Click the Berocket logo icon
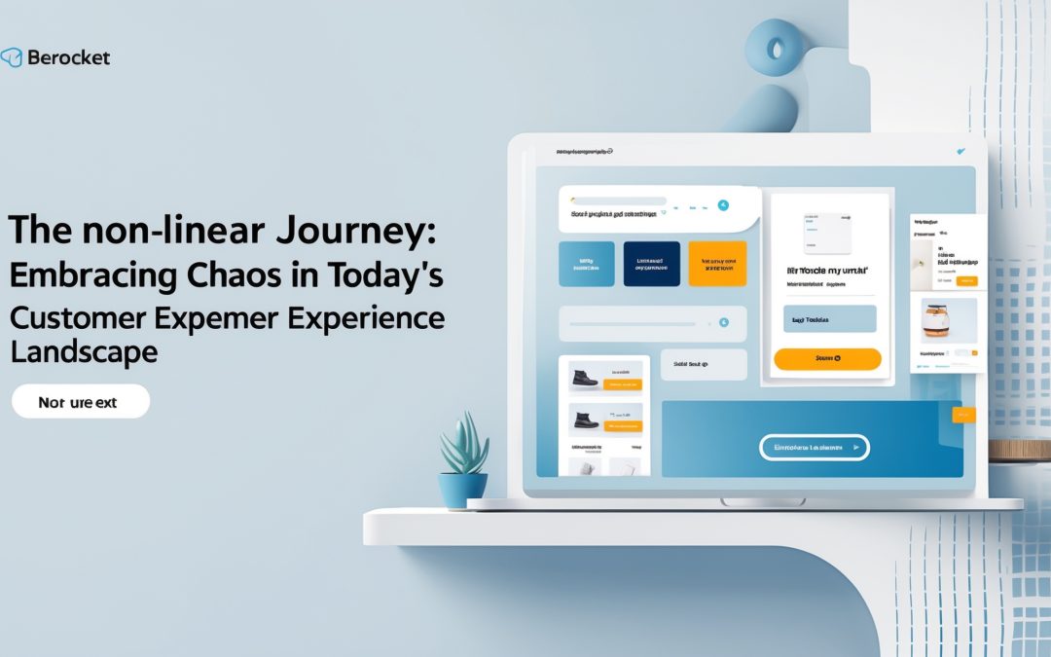pyautogui.click(x=12, y=57)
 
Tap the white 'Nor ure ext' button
pyautogui.click(x=81, y=401)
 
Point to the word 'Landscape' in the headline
pyautogui.click(x=84, y=351)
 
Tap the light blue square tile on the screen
pyautogui.click(x=586, y=264)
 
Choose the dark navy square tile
pyautogui.click(x=651, y=264)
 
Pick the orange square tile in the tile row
pyautogui.click(x=716, y=264)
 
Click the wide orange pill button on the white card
pyautogui.click(x=827, y=359)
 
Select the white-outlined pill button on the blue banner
pyautogui.click(x=814, y=447)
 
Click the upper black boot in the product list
pyautogui.click(x=586, y=378)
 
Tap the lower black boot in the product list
pyautogui.click(x=586, y=420)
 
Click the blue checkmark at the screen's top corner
pyautogui.click(x=960, y=152)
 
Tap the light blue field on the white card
pyautogui.click(x=829, y=319)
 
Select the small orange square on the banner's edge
pyautogui.click(x=962, y=415)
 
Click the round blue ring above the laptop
pyautogui.click(x=779, y=48)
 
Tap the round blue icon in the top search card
pyautogui.click(x=722, y=205)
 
